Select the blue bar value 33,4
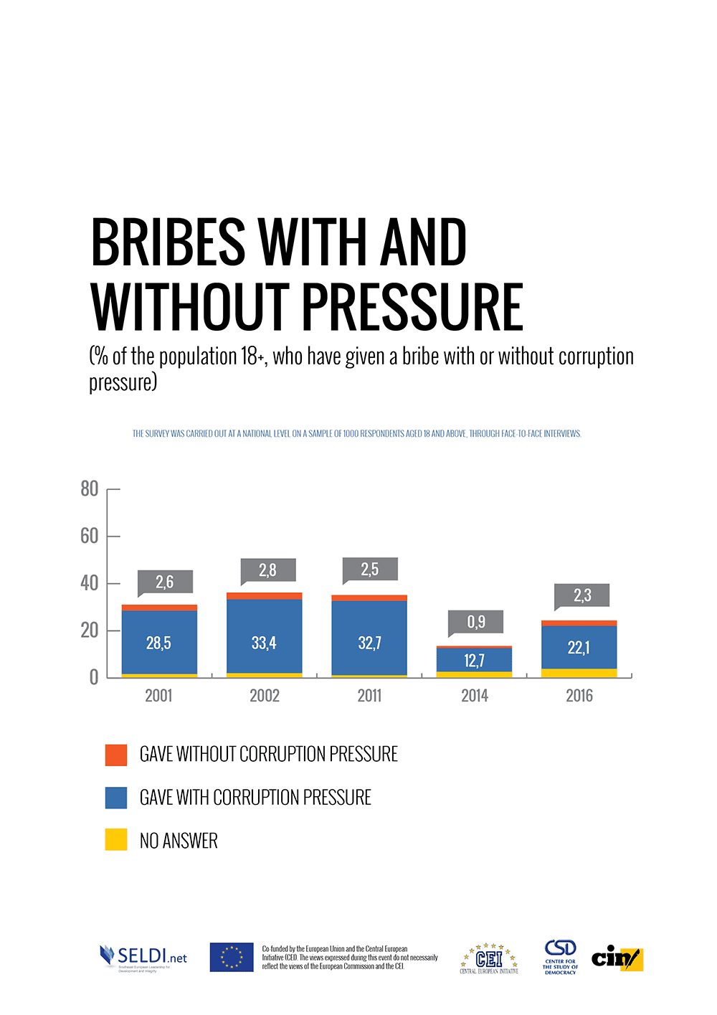click(264, 643)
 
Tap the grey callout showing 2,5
click(370, 570)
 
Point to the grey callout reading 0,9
click(476, 621)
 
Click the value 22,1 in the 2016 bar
click(579, 648)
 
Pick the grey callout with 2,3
click(582, 595)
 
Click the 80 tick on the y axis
click(90, 489)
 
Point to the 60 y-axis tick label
click(90, 536)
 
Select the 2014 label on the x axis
click(475, 695)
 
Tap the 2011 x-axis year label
click(369, 695)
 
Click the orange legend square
click(116, 755)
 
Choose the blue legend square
click(116, 798)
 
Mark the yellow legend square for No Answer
click(116, 840)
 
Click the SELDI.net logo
click(143, 957)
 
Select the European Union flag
click(232, 957)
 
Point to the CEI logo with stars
click(489, 958)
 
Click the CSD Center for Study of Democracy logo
click(560, 957)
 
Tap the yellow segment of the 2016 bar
click(579, 673)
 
